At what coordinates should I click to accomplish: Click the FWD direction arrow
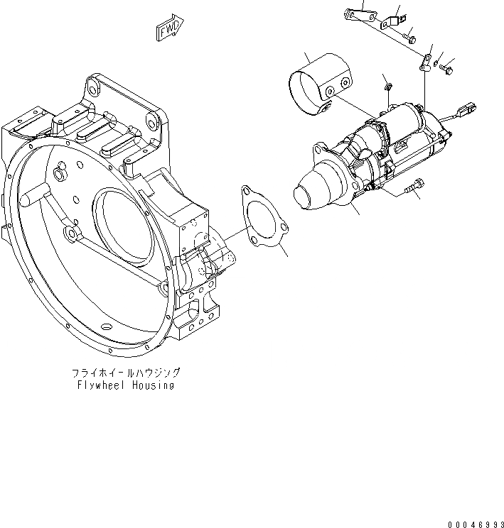pos(170,29)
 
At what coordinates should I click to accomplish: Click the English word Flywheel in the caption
pos(102,385)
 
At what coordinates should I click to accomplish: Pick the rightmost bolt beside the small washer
pos(448,69)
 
